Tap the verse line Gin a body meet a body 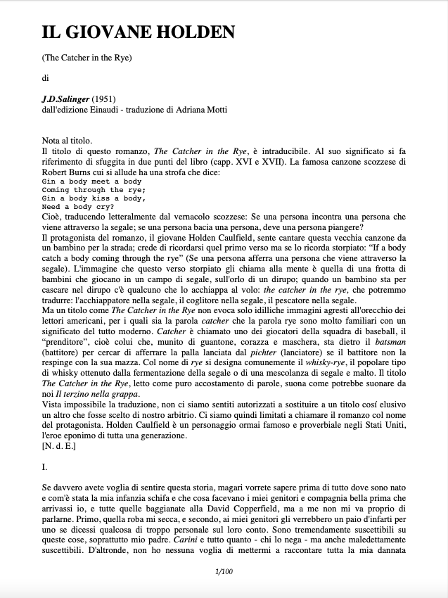pyautogui.click(x=91, y=181)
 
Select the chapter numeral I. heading pyautogui.click(x=45, y=466)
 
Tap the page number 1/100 pyautogui.click(x=224, y=571)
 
